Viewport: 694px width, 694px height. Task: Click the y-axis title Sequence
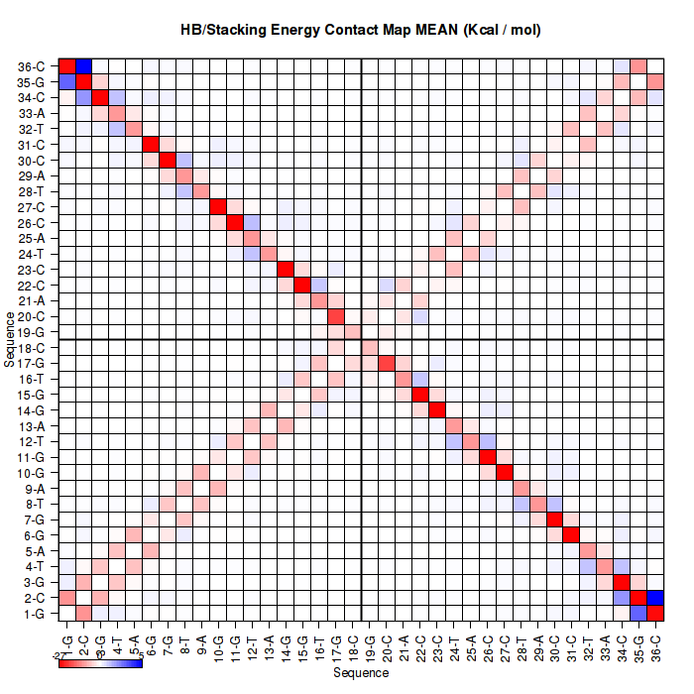click(9, 339)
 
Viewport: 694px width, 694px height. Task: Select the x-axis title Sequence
click(361, 673)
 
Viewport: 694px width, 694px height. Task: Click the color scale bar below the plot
click(100, 662)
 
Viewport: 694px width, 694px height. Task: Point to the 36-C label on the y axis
click(31, 66)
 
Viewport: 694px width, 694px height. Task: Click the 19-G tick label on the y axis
click(31, 331)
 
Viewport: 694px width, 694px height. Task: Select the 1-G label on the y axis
click(33, 614)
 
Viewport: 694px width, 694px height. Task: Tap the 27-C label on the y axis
click(31, 207)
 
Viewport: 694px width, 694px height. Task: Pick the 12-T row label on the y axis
click(31, 441)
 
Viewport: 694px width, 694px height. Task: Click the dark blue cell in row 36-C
click(84, 66)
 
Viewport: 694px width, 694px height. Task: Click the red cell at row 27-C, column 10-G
click(219, 207)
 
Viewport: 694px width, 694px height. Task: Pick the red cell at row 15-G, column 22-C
click(420, 395)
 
